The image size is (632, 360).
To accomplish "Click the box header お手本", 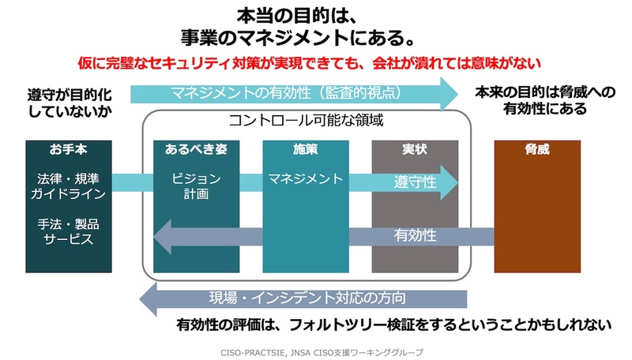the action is click(68, 149).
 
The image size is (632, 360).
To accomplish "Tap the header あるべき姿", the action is click(196, 149).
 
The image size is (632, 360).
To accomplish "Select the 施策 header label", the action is click(306, 149).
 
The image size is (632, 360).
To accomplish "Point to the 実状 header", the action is click(415, 149).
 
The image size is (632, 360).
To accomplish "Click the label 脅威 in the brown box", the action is click(537, 149).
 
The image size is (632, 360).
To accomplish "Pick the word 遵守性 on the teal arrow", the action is click(416, 182).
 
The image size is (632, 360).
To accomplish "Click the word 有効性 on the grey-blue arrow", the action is click(416, 235).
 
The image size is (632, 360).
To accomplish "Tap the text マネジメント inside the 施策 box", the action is click(306, 178).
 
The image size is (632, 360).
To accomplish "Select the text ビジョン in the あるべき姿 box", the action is click(196, 178).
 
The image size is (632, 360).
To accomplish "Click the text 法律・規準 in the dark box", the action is click(68, 178).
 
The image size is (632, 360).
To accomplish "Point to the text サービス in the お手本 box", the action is click(68, 239).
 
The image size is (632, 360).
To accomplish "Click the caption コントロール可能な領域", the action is click(306, 120).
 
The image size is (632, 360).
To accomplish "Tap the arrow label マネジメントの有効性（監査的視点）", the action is click(287, 93).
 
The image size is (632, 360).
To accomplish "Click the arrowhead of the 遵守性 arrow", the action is click(450, 182).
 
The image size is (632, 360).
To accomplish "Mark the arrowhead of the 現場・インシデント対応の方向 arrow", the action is click(148, 298).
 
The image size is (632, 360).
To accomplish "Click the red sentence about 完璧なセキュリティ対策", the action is click(309, 63).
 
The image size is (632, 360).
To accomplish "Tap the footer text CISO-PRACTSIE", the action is click(253, 353).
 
